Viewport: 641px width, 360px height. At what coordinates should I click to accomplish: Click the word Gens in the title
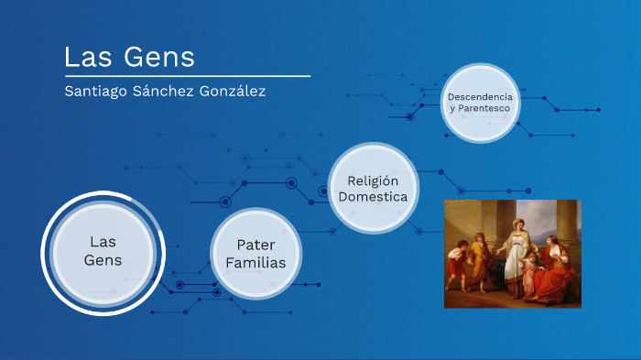[166, 57]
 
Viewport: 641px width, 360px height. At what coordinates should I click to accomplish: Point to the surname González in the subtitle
[235, 92]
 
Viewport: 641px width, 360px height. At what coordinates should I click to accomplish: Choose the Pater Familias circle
[255, 254]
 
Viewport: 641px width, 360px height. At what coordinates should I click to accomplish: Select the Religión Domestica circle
[371, 188]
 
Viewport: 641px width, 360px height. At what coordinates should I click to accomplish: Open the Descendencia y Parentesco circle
[481, 103]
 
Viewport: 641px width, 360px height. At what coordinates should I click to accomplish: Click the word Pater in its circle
[255, 245]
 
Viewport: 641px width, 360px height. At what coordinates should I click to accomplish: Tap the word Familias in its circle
[255, 263]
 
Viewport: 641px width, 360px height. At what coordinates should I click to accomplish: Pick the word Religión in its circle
[371, 180]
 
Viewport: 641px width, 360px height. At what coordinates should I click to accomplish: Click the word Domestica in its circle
[371, 197]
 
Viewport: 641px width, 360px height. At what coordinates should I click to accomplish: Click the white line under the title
[187, 76]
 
